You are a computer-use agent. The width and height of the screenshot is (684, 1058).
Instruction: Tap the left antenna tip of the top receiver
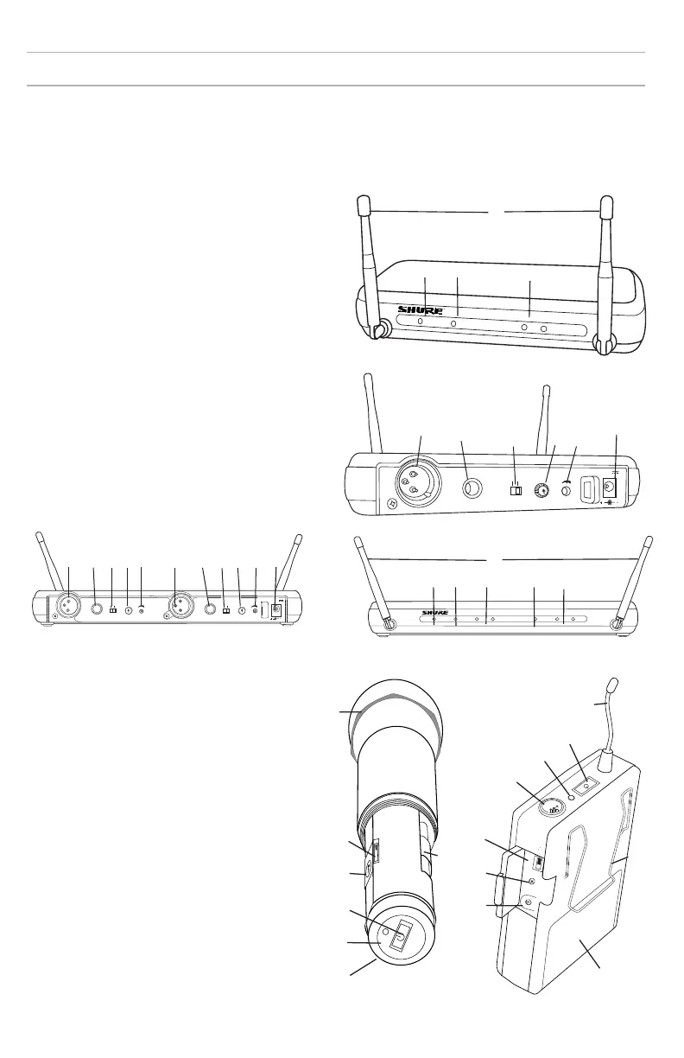(x=362, y=205)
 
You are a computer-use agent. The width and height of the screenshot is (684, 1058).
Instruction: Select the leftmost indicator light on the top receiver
(x=421, y=322)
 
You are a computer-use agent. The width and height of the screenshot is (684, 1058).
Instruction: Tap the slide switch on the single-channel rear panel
(x=516, y=491)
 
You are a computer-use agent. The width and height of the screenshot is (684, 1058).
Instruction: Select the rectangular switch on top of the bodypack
(x=586, y=784)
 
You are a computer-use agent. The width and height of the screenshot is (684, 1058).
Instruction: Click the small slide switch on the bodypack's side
(x=535, y=862)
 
